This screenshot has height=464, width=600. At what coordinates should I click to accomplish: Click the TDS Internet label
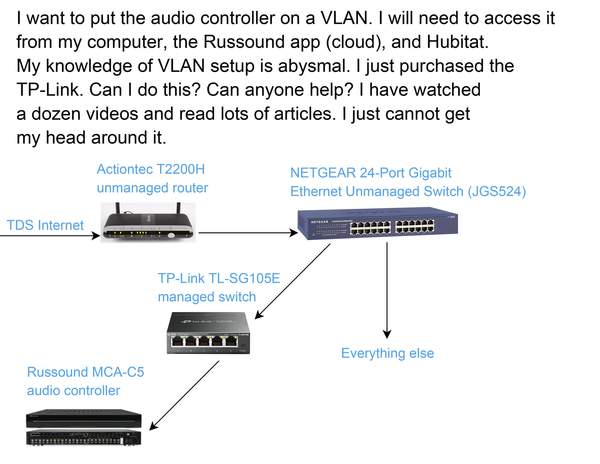45,225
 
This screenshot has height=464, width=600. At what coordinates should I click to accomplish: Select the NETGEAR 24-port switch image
377,224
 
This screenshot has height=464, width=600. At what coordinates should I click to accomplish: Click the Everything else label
387,353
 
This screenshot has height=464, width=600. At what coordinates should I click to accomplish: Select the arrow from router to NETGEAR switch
247,233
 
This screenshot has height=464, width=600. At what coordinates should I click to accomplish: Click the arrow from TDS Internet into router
50,235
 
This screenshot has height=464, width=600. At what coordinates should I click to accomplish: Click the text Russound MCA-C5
85,372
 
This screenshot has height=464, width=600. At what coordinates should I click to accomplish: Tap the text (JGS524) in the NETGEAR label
497,191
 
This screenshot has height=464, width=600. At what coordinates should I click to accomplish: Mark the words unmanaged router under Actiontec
152,188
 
